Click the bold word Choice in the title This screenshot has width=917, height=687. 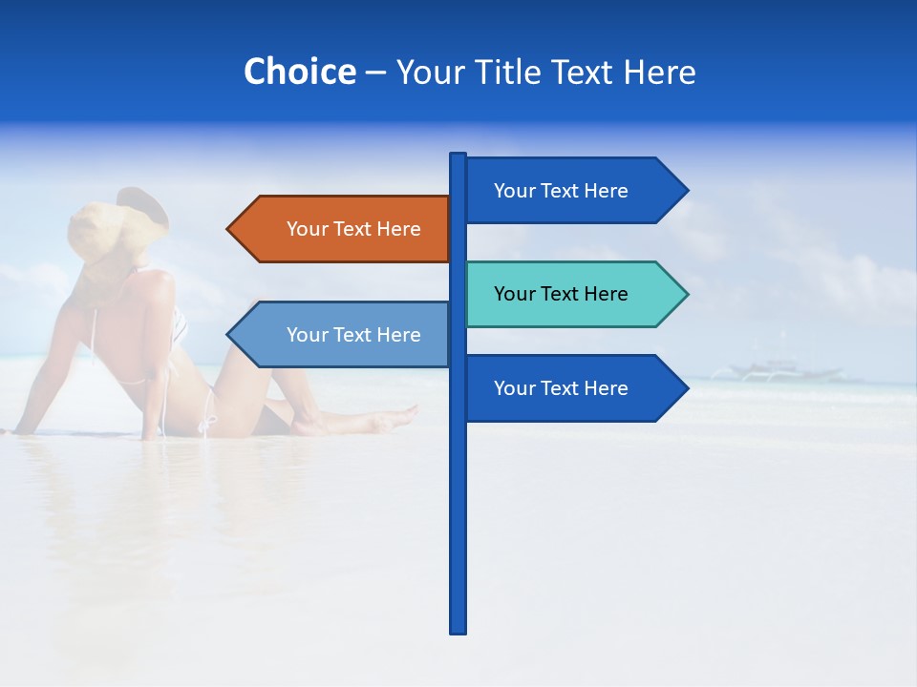click(299, 72)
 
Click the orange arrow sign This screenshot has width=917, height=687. click(344, 229)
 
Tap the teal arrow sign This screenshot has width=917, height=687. click(573, 294)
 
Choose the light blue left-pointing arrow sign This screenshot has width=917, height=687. click(344, 335)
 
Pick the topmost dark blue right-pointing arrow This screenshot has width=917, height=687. click(573, 191)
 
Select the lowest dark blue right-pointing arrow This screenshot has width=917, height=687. click(573, 388)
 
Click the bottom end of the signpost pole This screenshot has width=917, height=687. click(458, 630)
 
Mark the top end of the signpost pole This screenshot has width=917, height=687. click(458, 156)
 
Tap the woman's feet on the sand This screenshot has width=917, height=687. click(396, 417)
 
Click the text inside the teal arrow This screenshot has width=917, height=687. click(561, 294)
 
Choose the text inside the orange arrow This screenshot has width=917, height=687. click(353, 229)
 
